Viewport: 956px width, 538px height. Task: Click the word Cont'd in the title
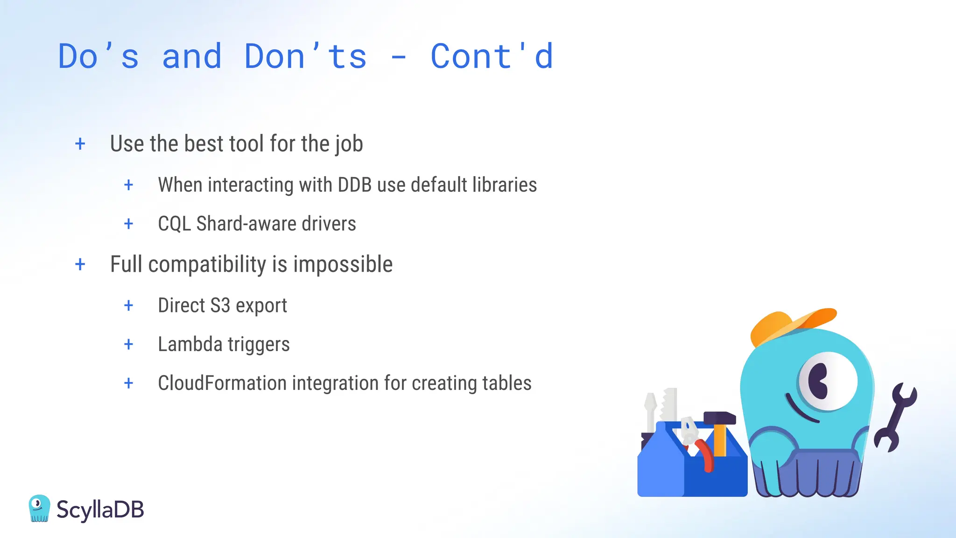point(492,57)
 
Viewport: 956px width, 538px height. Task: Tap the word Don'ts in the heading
point(305,57)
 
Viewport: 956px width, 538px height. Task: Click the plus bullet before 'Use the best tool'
point(80,144)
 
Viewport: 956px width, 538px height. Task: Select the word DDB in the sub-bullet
point(354,185)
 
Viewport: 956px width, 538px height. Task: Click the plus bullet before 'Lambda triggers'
point(129,345)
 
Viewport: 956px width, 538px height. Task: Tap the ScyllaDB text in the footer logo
point(100,510)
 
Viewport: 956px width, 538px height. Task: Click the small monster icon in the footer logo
point(39,508)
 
